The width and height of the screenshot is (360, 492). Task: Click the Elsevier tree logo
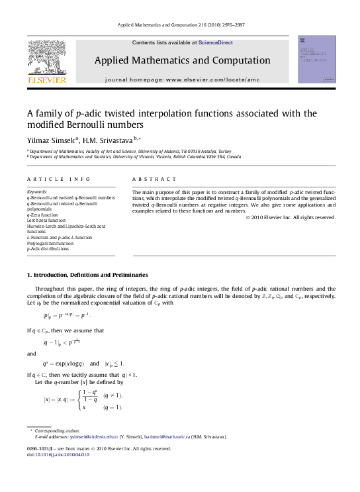tap(46, 57)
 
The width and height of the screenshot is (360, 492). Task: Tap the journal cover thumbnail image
tap(317, 59)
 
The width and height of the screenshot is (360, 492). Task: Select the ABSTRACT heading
tap(154, 179)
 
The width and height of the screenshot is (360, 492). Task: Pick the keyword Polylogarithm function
tap(50, 244)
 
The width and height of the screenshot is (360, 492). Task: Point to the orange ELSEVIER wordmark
tap(46, 79)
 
